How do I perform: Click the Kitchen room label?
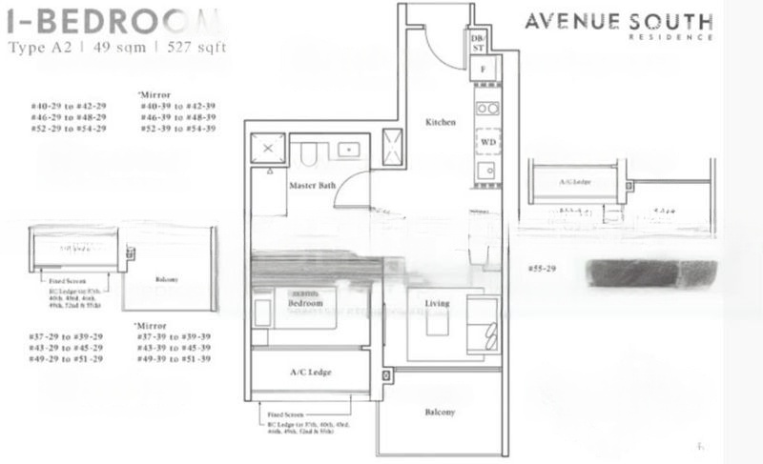point(441,123)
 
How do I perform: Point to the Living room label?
point(438,303)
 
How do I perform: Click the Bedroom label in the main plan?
point(305,302)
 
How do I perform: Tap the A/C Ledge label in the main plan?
point(308,373)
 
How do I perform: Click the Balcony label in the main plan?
point(440,413)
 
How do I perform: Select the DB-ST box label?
point(479,39)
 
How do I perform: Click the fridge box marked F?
point(484,70)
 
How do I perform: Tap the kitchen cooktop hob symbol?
point(486,108)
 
